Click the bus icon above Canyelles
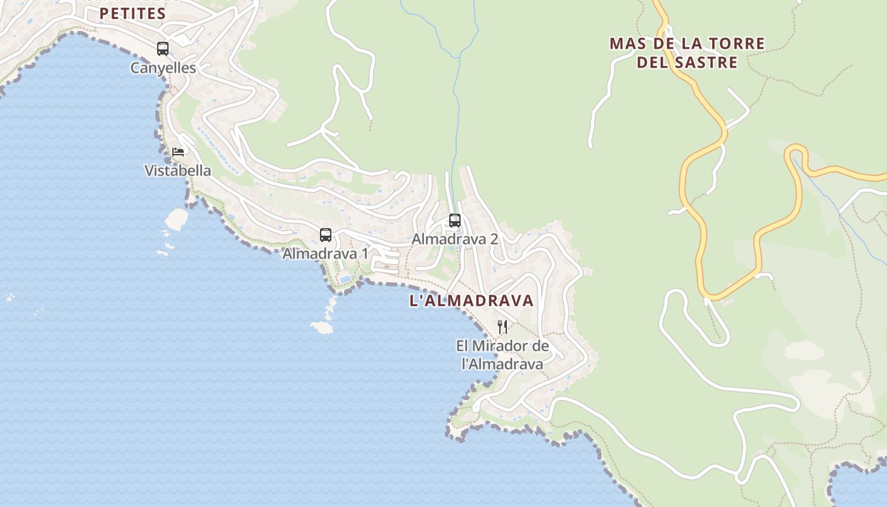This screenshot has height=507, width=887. [x=163, y=48]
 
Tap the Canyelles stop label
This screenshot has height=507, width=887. [x=163, y=68]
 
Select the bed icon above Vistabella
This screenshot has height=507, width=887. [x=178, y=152]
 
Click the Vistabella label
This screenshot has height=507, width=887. [x=178, y=170]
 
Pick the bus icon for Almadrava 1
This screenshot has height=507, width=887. [x=326, y=235]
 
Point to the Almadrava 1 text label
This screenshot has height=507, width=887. [x=325, y=253]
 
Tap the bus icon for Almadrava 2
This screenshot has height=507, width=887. [x=455, y=221]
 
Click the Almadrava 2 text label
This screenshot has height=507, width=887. [x=455, y=239]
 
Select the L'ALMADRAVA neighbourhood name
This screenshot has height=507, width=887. [x=472, y=301]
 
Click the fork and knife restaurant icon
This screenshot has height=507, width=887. [x=502, y=327]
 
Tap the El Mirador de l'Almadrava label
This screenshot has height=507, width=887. [x=502, y=355]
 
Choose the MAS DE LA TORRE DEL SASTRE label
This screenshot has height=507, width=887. [x=687, y=53]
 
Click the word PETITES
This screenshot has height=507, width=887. [x=132, y=13]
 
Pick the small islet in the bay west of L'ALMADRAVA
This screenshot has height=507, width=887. [x=322, y=327]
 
